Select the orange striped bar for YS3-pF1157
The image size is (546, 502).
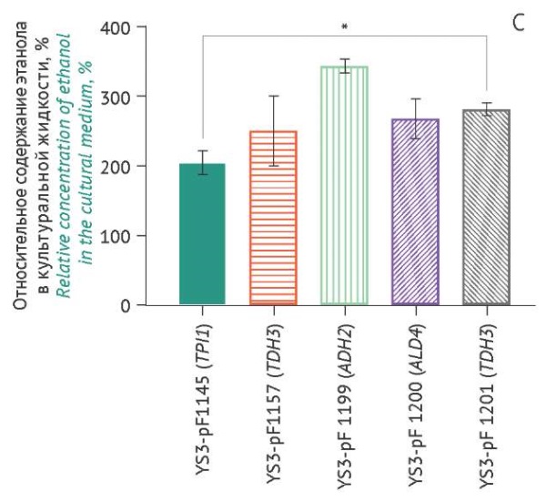(x=273, y=219)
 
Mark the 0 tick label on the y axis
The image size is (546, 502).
(x=151, y=304)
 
